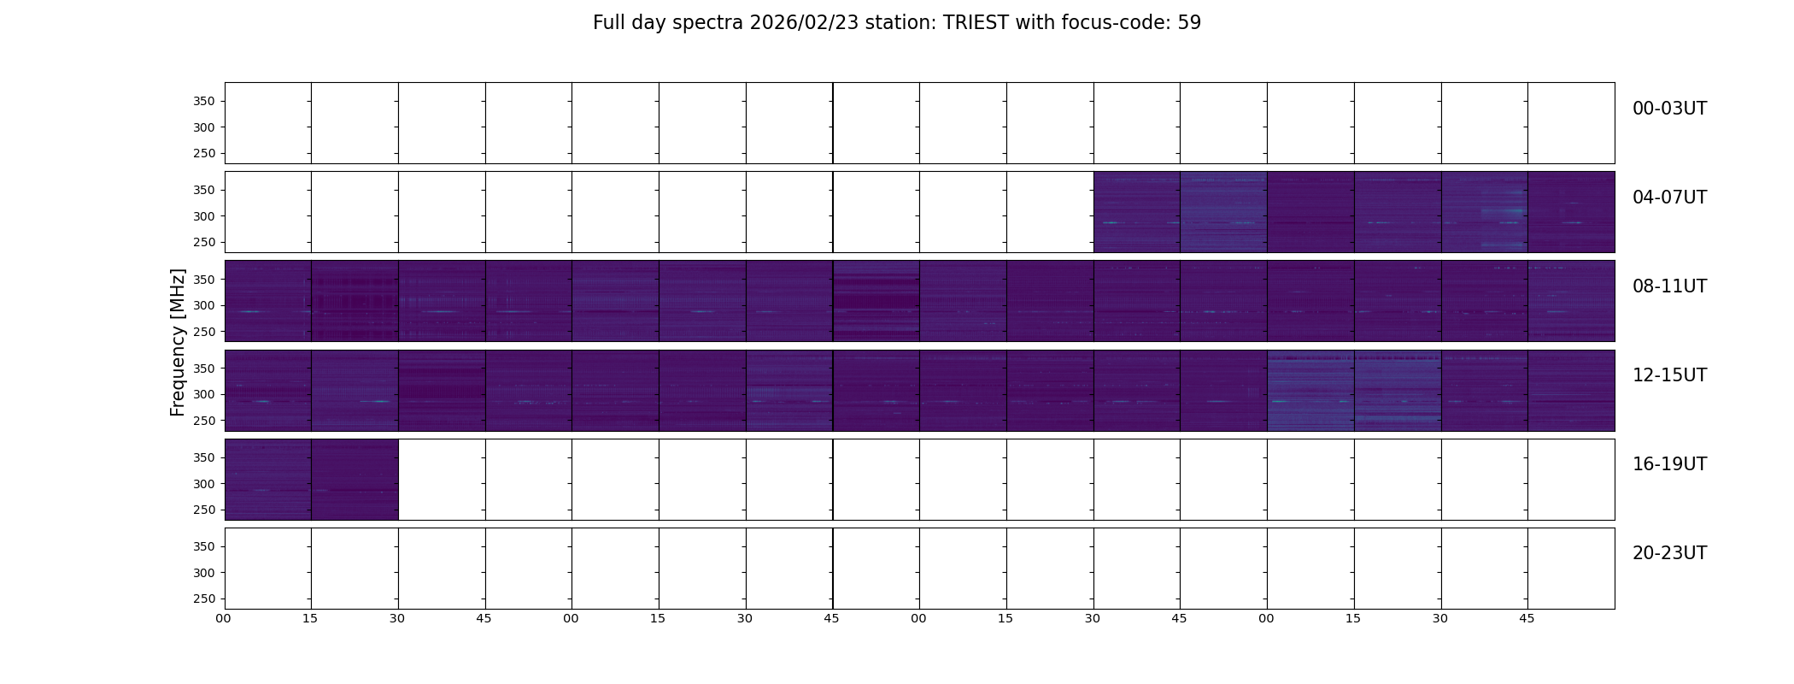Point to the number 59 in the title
[1189, 23]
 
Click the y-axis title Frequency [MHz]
[178, 343]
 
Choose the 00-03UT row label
[1669, 109]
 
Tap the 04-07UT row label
[1669, 198]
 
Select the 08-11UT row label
[1669, 286]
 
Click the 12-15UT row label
[1669, 375]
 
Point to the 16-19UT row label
[1669, 464]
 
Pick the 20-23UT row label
[1669, 553]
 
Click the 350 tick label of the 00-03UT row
[203, 102]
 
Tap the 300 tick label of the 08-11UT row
[203, 306]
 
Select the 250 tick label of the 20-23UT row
[203, 599]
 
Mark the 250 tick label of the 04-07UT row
[203, 243]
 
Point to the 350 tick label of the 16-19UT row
[203, 458]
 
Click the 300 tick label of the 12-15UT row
[203, 395]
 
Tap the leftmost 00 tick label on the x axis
[224, 619]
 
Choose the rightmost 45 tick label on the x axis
[1527, 619]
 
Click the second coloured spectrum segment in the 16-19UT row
[355, 480]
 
